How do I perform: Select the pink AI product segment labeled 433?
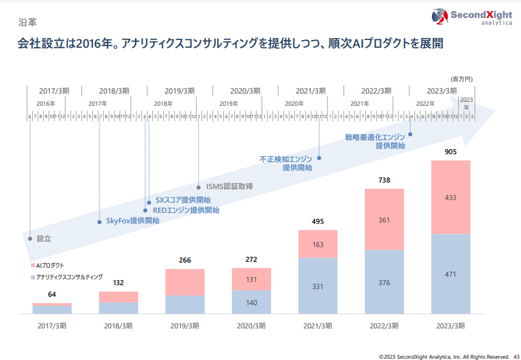point(451,197)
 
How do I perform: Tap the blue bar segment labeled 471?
point(451,274)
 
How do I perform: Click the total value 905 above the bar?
point(451,152)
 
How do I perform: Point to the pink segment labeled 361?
point(384,220)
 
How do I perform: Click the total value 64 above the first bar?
point(52,295)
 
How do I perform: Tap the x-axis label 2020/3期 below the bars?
point(250,325)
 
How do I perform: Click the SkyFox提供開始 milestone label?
point(132,221)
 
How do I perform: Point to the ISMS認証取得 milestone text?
point(229,186)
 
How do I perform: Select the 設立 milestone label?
point(43,238)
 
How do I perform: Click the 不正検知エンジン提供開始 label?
point(285,163)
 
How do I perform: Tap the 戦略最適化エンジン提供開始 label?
point(375,141)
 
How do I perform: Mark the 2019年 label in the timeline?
point(228,103)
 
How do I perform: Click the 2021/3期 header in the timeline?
point(311,91)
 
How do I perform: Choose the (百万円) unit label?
point(462,78)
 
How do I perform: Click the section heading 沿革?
point(26,21)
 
